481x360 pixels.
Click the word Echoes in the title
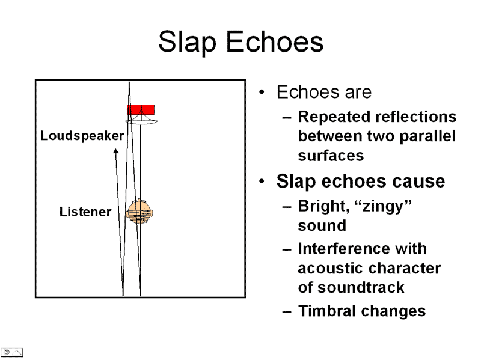pos(276,43)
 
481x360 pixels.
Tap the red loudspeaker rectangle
pos(141,109)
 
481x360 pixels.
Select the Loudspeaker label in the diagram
pos(82,136)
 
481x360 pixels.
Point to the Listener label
pos(85,212)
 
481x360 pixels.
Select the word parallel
pos(429,136)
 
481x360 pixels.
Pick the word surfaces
pos(331,156)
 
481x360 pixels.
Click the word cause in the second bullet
pos(414,181)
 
